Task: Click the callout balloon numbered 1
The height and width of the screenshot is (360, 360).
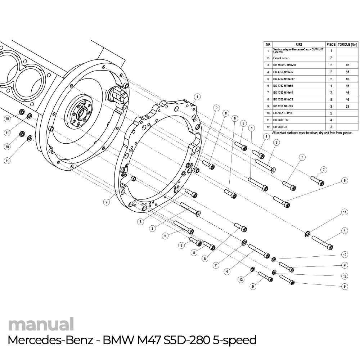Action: (197, 96)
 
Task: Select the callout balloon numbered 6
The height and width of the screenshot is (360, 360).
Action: (345, 181)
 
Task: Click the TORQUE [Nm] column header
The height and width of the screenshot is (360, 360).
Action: (347, 45)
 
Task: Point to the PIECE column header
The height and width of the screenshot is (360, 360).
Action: (331, 45)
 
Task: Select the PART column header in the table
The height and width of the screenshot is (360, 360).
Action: (298, 45)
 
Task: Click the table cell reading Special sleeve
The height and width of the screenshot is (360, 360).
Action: (281, 58)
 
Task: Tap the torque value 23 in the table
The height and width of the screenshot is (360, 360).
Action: (347, 107)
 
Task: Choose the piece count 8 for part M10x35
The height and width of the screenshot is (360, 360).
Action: (331, 99)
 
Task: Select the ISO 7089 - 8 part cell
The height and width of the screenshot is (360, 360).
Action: (280, 127)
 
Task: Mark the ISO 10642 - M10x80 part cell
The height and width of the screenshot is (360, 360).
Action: (284, 65)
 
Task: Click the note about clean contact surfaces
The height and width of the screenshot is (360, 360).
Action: (312, 133)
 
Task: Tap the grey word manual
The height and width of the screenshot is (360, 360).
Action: (41, 324)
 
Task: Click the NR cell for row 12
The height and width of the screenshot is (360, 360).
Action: (268, 127)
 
